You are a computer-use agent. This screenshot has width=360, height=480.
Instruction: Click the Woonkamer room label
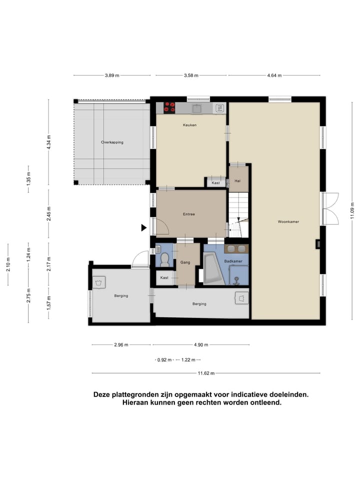288,221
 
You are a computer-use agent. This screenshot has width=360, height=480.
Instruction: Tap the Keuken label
189,125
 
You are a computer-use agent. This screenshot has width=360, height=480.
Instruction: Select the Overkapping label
112,142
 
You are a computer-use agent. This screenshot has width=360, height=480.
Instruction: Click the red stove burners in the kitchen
169,107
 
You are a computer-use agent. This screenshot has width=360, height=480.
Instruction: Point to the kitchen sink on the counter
196,108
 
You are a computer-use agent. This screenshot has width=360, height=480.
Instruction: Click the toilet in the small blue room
165,259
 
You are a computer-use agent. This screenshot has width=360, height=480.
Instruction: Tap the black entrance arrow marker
143,227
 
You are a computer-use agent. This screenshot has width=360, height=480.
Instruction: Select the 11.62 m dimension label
206,373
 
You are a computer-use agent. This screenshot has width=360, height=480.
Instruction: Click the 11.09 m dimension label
352,210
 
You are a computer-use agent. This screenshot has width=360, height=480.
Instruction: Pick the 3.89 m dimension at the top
112,75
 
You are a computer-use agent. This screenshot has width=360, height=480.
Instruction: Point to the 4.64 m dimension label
274,75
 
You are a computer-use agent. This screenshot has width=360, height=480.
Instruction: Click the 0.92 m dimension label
164,360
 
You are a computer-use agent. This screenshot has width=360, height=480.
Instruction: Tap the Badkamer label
233,261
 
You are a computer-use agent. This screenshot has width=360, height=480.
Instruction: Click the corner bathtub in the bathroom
213,268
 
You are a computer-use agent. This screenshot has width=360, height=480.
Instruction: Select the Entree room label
189,214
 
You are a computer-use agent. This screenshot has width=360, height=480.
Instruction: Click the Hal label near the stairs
237,181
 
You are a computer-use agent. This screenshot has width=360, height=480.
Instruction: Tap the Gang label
185,262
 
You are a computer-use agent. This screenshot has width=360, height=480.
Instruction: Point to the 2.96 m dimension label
121,344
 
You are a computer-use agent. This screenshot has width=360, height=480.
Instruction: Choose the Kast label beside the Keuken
216,183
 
